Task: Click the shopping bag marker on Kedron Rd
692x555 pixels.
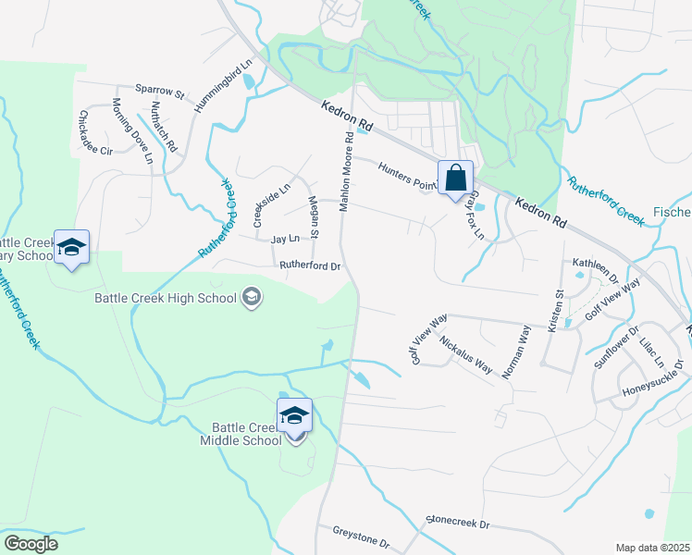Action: pyautogui.click(x=456, y=178)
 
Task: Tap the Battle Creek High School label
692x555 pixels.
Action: pyautogui.click(x=166, y=298)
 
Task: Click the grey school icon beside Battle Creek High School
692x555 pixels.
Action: pyautogui.click(x=251, y=298)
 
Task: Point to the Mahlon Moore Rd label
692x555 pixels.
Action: pyautogui.click(x=345, y=172)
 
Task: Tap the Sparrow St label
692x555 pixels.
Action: pyautogui.click(x=161, y=92)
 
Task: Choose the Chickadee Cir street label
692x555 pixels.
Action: pyautogui.click(x=95, y=133)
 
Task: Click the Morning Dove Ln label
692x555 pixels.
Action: pyautogui.click(x=132, y=130)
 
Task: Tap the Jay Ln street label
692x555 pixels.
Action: pyautogui.click(x=286, y=240)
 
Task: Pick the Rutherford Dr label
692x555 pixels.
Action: pyautogui.click(x=311, y=266)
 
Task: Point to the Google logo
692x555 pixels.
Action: pyautogui.click(x=31, y=544)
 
